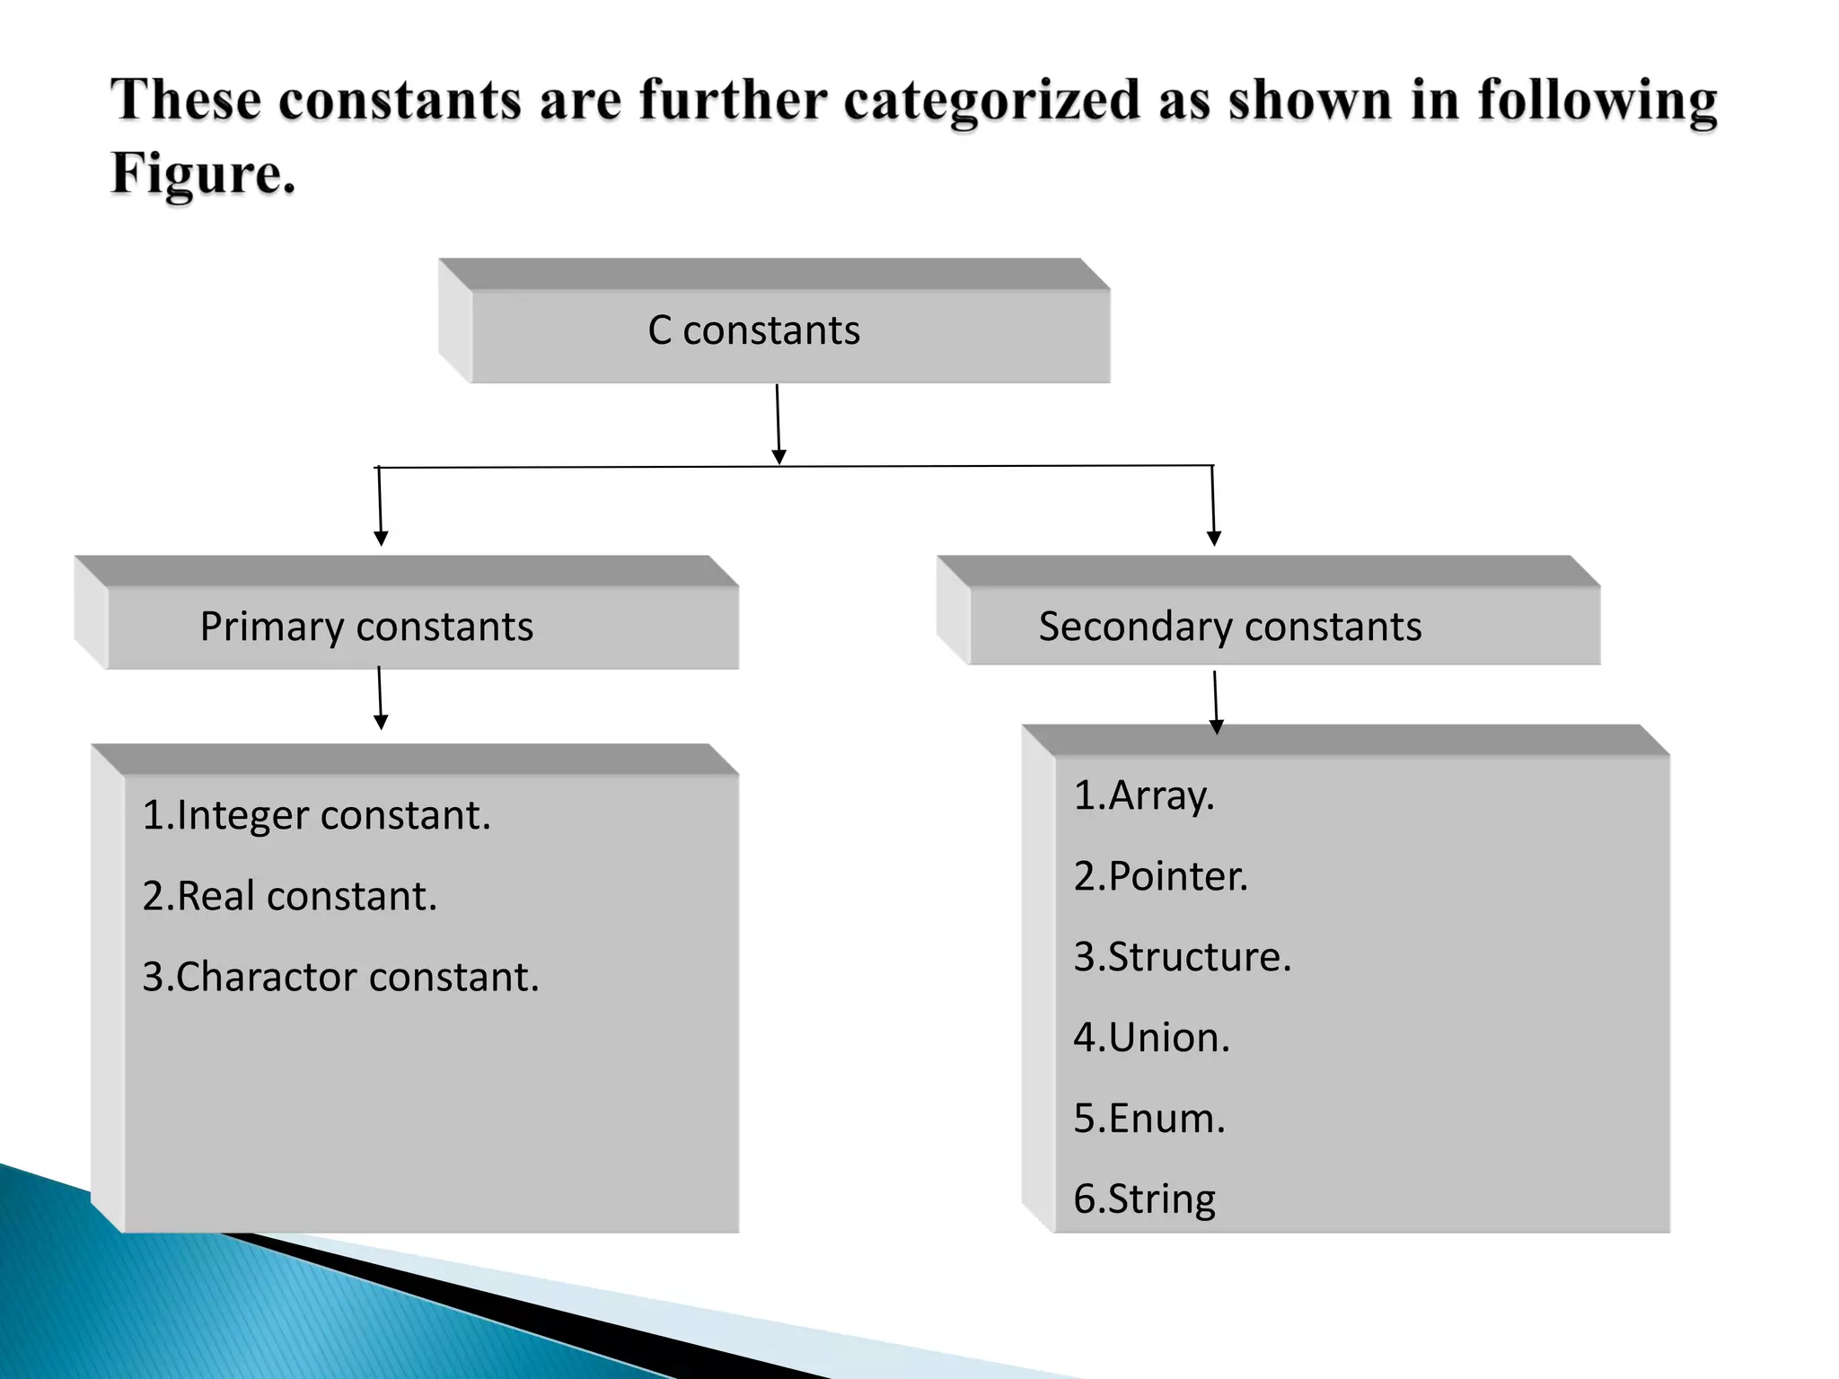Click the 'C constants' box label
pos(753,330)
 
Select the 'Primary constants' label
pos(366,627)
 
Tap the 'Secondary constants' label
pos(1229,627)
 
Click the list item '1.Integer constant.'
pos(317,815)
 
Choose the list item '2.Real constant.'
pos(290,896)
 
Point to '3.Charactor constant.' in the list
pos(341,977)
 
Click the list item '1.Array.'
pos(1144,795)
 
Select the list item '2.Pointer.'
pos(1161,876)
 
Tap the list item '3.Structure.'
pos(1183,957)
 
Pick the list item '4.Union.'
pos(1152,1038)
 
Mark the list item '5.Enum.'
pos(1149,1119)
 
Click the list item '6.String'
pos(1145,1199)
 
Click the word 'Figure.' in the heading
pos(203,172)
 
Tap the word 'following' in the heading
pos(1597,101)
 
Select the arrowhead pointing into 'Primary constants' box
pos(381,537)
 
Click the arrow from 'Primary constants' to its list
pos(380,698)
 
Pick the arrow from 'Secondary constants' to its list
pos(1216,702)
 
